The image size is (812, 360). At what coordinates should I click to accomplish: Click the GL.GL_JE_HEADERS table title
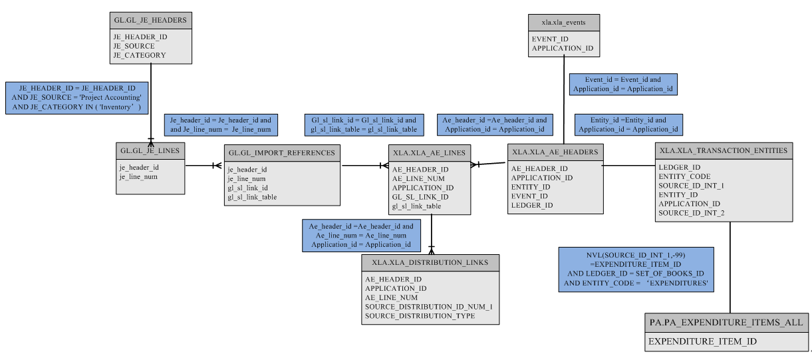point(150,20)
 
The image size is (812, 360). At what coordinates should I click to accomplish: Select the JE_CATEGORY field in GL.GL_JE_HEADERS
point(140,55)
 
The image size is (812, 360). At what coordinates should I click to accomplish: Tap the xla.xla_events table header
point(563,23)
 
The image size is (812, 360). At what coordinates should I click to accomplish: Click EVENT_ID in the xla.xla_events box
point(550,39)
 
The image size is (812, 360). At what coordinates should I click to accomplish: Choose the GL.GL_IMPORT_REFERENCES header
point(282,153)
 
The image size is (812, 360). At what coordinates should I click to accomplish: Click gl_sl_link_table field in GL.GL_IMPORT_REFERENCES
point(252,197)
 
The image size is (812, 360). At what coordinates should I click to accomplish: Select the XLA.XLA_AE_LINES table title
point(429,153)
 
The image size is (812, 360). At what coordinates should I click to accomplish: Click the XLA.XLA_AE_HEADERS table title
point(555,152)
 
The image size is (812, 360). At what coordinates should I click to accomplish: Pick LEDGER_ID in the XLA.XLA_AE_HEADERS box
point(531,205)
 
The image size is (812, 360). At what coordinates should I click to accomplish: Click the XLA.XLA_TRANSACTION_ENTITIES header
point(724,150)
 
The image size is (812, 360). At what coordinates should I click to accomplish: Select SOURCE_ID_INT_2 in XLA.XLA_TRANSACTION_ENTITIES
point(692,213)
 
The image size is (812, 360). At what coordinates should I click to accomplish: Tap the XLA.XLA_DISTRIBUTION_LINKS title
point(430,262)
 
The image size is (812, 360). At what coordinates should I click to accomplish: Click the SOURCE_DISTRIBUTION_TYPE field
point(420,315)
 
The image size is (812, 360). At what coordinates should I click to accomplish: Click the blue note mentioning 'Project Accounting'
point(76,97)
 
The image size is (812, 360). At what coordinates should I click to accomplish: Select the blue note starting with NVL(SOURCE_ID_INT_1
point(636,270)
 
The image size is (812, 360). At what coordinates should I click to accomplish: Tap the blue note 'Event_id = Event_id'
point(624,83)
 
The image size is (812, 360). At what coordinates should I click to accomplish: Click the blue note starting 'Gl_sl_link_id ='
point(364,124)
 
